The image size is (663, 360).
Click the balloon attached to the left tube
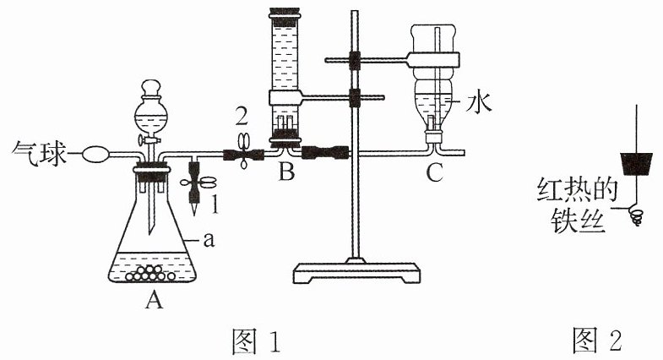[x=95, y=154]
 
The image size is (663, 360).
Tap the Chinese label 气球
[x=40, y=153]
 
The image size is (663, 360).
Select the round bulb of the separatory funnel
[x=150, y=114]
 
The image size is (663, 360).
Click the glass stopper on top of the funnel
[x=151, y=89]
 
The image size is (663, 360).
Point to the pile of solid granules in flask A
[x=150, y=273]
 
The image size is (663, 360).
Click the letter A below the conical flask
[x=154, y=300]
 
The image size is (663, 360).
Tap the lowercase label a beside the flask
[x=209, y=240]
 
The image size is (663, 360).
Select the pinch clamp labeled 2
[x=243, y=151]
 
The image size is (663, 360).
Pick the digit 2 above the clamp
[x=242, y=117]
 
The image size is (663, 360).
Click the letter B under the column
[x=286, y=172]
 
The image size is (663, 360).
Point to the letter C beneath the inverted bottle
[x=434, y=172]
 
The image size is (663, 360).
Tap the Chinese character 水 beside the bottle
[x=479, y=103]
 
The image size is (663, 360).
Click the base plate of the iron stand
[x=356, y=273]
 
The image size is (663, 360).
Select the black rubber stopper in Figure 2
[x=636, y=164]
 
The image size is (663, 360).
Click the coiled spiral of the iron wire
[x=635, y=215]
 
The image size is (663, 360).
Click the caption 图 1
[x=257, y=341]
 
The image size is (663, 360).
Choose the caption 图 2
[x=597, y=340]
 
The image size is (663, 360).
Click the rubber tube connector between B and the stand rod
[x=325, y=152]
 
